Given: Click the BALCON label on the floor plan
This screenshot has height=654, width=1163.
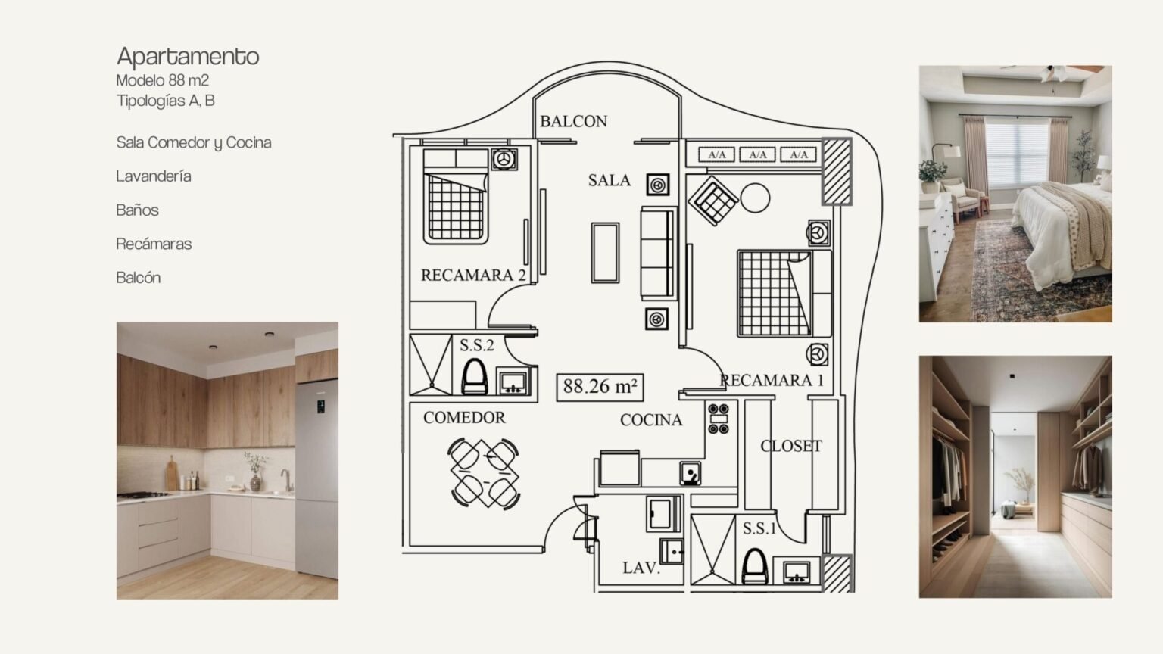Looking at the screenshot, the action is pyautogui.click(x=573, y=121).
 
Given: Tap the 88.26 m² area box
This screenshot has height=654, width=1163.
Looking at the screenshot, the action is pyautogui.click(x=600, y=388).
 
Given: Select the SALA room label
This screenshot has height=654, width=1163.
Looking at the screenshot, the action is pyautogui.click(x=609, y=180).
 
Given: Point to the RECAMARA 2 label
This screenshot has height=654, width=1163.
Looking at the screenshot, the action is pyautogui.click(x=473, y=275).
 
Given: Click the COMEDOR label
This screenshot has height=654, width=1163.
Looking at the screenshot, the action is pyautogui.click(x=464, y=417).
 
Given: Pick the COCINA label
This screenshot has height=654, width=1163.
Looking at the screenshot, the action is pyautogui.click(x=651, y=420).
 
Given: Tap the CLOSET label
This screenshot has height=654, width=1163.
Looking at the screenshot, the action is pyautogui.click(x=790, y=446).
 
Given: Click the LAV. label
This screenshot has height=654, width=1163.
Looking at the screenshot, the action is pyautogui.click(x=641, y=568).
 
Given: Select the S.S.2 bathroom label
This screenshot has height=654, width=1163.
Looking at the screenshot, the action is pyautogui.click(x=476, y=345).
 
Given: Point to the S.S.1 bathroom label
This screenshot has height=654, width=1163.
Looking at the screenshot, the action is pyautogui.click(x=759, y=528).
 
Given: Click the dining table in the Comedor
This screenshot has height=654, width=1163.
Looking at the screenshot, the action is pyautogui.click(x=484, y=473).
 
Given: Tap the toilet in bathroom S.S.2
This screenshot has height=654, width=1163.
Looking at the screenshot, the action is pyautogui.click(x=475, y=377).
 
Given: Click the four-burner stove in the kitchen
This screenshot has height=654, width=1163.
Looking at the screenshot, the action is pyautogui.click(x=719, y=419).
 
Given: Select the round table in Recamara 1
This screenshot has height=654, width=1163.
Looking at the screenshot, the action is pyautogui.click(x=755, y=198).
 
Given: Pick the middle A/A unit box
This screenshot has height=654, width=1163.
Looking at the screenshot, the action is pyautogui.click(x=757, y=154).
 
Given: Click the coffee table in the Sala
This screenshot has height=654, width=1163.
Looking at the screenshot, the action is pyautogui.click(x=606, y=253).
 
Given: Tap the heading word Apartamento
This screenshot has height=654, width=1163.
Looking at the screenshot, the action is pyautogui.click(x=188, y=57).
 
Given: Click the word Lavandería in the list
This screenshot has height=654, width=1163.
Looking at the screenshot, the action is pyautogui.click(x=154, y=176).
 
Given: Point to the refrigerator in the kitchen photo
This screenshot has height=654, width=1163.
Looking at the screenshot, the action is pyautogui.click(x=316, y=478).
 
